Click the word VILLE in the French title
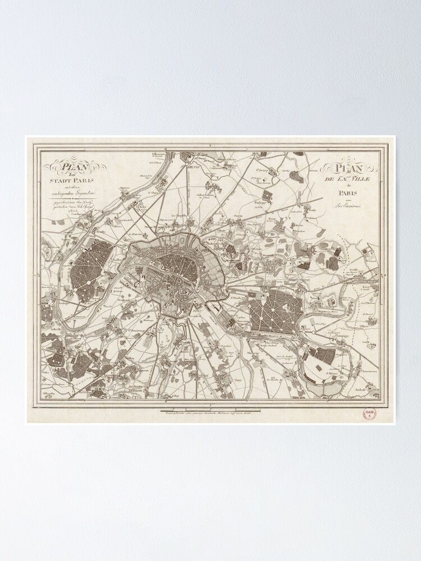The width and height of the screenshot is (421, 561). click(357, 178)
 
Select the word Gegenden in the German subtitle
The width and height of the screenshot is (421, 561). click(85, 193)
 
